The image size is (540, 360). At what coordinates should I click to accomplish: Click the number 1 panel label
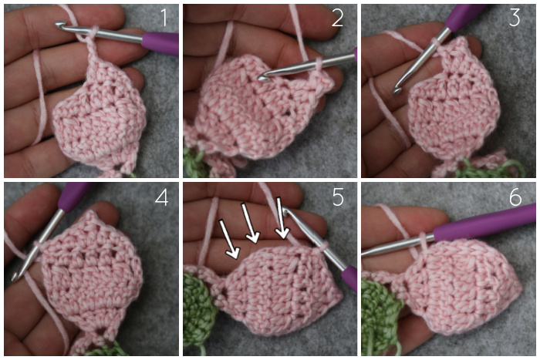tap(164, 18)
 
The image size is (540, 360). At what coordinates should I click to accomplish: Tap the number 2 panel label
tap(337, 18)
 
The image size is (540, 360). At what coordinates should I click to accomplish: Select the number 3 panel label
tap(515, 18)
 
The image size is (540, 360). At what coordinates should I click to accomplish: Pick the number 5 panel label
tap(338, 197)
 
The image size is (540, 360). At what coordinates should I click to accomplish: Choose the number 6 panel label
tap(515, 197)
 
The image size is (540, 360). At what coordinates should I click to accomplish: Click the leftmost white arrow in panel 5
tap(229, 240)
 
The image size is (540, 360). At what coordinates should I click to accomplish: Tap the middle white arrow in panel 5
tap(251, 223)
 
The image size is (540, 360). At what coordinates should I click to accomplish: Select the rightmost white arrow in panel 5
tap(282, 218)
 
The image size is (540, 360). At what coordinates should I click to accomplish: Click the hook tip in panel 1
tap(59, 25)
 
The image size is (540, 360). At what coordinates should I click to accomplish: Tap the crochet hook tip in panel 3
tap(397, 92)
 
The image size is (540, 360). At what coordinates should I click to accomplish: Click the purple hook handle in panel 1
tap(160, 43)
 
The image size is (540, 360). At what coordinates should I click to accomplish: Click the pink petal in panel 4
tap(90, 271)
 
